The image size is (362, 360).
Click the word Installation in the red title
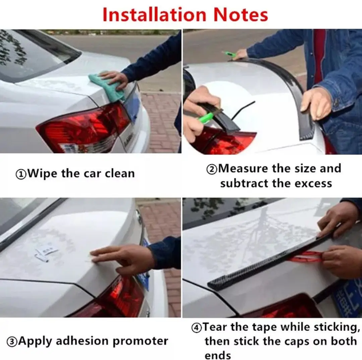pyautogui.click(x=154, y=14)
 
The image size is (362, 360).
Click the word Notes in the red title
pyautogui.click(x=240, y=14)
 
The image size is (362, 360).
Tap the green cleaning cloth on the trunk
pyautogui.click(x=106, y=86)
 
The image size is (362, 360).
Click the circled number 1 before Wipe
pyautogui.click(x=21, y=174)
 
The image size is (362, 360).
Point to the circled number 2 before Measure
pyautogui.click(x=212, y=169)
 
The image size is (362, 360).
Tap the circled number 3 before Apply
pyautogui.click(x=12, y=342)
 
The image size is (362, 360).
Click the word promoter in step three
pyautogui.click(x=140, y=342)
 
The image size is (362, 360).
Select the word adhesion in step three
pyautogui.click(x=82, y=341)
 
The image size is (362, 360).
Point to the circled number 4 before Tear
pyautogui.click(x=196, y=328)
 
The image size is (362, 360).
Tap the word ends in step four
pyautogui.click(x=218, y=355)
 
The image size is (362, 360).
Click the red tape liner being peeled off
pyautogui.click(x=305, y=257)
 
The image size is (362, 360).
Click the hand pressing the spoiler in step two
pyautogui.click(x=316, y=103)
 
